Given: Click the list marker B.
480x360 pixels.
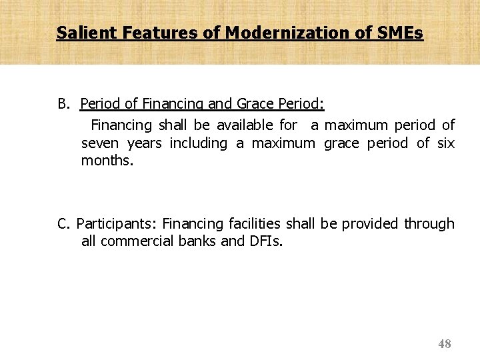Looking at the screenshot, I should pyautogui.click(x=64, y=105).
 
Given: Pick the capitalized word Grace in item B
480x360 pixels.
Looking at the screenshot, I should pyautogui.click(x=255, y=105).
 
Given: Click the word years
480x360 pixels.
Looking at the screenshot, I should pyautogui.click(x=145, y=143).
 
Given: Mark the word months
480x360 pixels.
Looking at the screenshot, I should pyautogui.click(x=107, y=161).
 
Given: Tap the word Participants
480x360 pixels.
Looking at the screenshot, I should pyautogui.click(x=117, y=224).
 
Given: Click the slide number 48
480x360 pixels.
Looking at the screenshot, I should pyautogui.click(x=445, y=344).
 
